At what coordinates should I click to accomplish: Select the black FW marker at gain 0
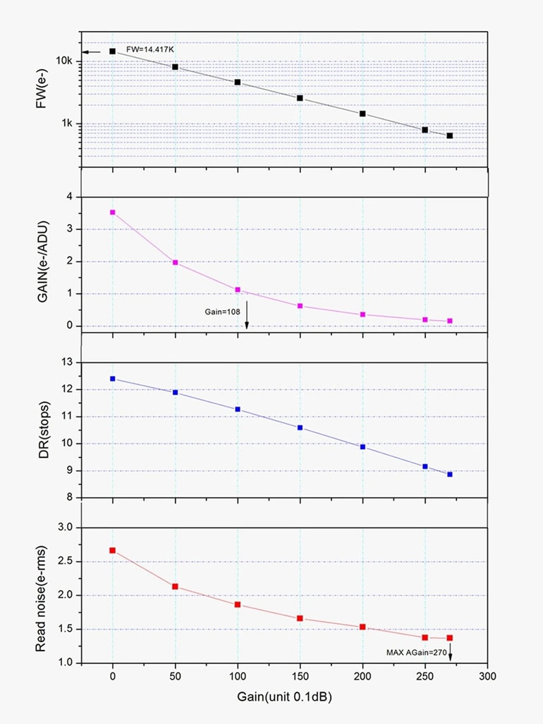[x=112, y=51]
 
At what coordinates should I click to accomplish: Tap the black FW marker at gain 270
[x=449, y=135]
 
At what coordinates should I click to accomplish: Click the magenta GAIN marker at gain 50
[x=175, y=262]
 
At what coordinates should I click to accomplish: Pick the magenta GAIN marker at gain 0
[x=112, y=212]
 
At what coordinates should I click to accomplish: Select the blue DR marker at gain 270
[x=449, y=474]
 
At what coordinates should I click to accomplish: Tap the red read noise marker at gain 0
[x=112, y=550]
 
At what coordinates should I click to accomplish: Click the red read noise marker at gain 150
[x=300, y=618]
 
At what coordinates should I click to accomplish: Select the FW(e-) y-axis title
[x=42, y=99]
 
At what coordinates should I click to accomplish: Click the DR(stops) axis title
[x=42, y=429]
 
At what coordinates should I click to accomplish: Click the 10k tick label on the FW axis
[x=64, y=61]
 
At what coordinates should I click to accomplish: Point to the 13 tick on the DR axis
[x=68, y=362]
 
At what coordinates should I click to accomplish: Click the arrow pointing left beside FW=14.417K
[x=92, y=51]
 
